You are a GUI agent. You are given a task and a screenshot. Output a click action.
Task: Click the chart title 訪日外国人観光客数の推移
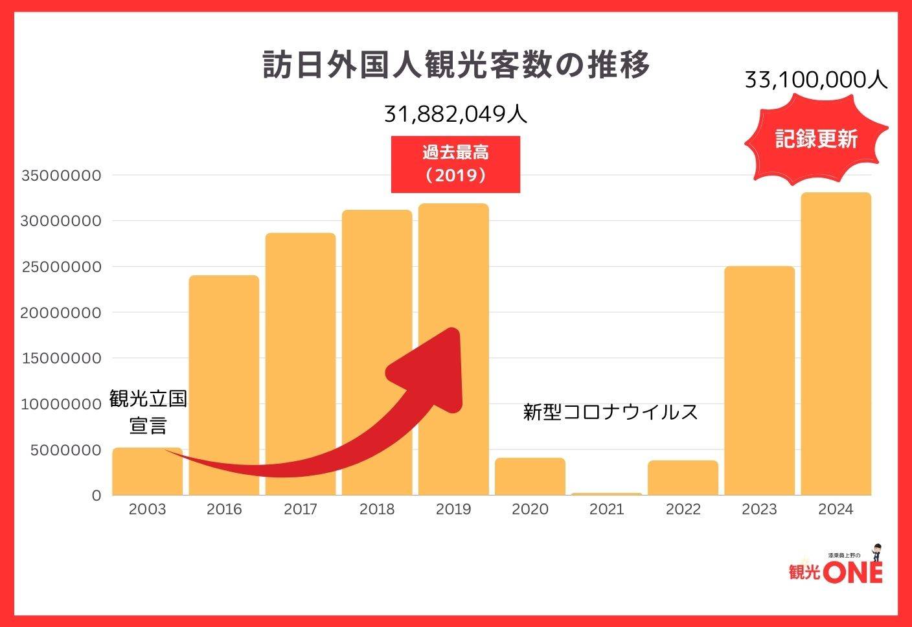tap(456, 66)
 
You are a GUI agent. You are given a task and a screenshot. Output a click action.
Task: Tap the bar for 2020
tap(530, 477)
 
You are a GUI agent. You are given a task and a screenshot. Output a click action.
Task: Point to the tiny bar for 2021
tap(607, 494)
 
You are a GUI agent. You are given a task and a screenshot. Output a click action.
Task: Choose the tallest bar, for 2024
tap(836, 343)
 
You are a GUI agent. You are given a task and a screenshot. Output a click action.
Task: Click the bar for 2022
tap(683, 478)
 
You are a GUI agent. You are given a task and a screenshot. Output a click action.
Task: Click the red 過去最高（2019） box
tap(455, 164)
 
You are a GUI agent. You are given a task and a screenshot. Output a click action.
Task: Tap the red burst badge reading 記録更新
tap(816, 139)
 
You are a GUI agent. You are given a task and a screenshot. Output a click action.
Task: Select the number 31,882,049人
tap(455, 114)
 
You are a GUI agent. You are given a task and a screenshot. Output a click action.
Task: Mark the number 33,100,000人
tap(816, 80)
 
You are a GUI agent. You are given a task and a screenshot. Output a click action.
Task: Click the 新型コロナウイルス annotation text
tap(610, 412)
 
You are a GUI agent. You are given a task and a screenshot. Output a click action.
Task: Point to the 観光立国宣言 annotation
tap(148, 412)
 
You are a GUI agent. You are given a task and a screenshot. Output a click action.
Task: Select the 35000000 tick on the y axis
tap(62, 176)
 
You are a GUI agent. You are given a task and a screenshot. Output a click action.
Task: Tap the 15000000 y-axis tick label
tap(62, 358)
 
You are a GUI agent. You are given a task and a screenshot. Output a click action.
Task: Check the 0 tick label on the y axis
tap(97, 496)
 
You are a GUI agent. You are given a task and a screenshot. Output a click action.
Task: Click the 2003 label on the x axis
tap(147, 509)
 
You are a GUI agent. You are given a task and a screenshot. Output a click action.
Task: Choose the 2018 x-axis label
tap(377, 509)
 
